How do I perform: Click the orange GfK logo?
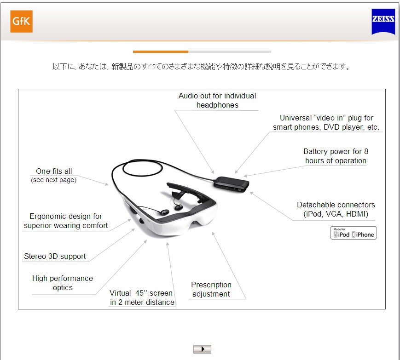pyautogui.click(x=22, y=22)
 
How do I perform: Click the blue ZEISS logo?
pyautogui.click(x=383, y=22)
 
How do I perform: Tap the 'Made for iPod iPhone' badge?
pyautogui.click(x=354, y=233)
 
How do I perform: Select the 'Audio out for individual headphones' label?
pyautogui.click(x=217, y=100)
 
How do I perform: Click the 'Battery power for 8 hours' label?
pyautogui.click(x=336, y=156)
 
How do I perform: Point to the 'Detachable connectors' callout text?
pyautogui.click(x=336, y=209)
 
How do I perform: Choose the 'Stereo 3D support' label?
pyautogui.click(x=55, y=256)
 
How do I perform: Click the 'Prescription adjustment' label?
pyautogui.click(x=211, y=289)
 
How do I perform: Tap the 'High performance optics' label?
pyautogui.click(x=63, y=283)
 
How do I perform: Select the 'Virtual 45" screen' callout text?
pyautogui.click(x=142, y=297)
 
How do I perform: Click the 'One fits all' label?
pyautogui.click(x=54, y=171)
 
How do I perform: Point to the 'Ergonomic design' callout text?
pyautogui.click(x=66, y=221)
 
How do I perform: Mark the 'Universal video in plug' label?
pyautogui.click(x=326, y=122)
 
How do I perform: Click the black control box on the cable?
pyautogui.click(x=231, y=184)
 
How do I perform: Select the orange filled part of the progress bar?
pyautogui.click(x=161, y=51)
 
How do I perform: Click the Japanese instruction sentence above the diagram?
pyautogui.click(x=201, y=67)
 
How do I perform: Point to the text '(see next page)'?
pyautogui.click(x=53, y=180)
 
